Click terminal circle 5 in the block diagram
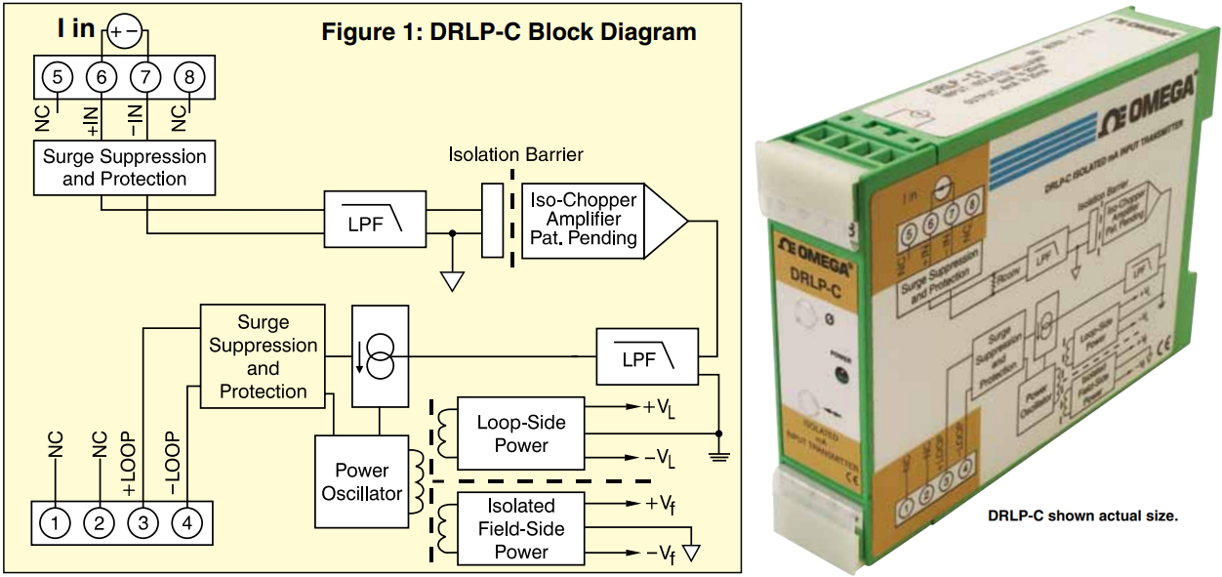[x=58, y=75]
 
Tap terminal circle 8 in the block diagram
[x=189, y=75]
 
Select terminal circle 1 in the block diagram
[x=56, y=523]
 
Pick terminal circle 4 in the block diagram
[x=185, y=523]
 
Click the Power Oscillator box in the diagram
[x=362, y=481]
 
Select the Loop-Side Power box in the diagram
[x=520, y=433]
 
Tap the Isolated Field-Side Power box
[x=520, y=528]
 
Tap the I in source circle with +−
[x=124, y=31]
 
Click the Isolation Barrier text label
[x=516, y=154]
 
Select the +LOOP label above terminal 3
[x=128, y=458]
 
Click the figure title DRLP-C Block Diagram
[x=509, y=31]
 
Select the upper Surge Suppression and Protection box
[x=124, y=168]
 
